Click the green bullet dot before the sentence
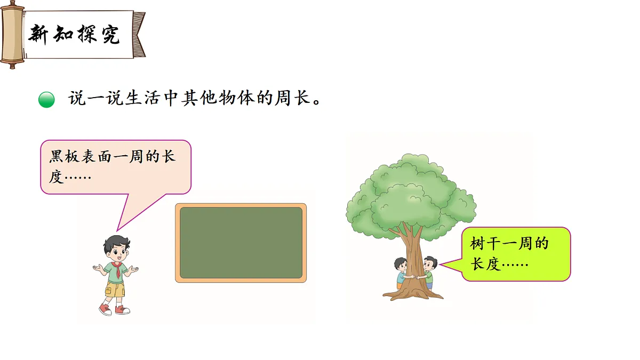[x=47, y=100]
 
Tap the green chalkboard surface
[x=241, y=243]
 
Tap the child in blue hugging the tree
[x=400, y=272]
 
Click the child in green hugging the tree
[x=429, y=272]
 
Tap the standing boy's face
[x=116, y=249]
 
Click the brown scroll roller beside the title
[x=12, y=35]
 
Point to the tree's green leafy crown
[x=411, y=192]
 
